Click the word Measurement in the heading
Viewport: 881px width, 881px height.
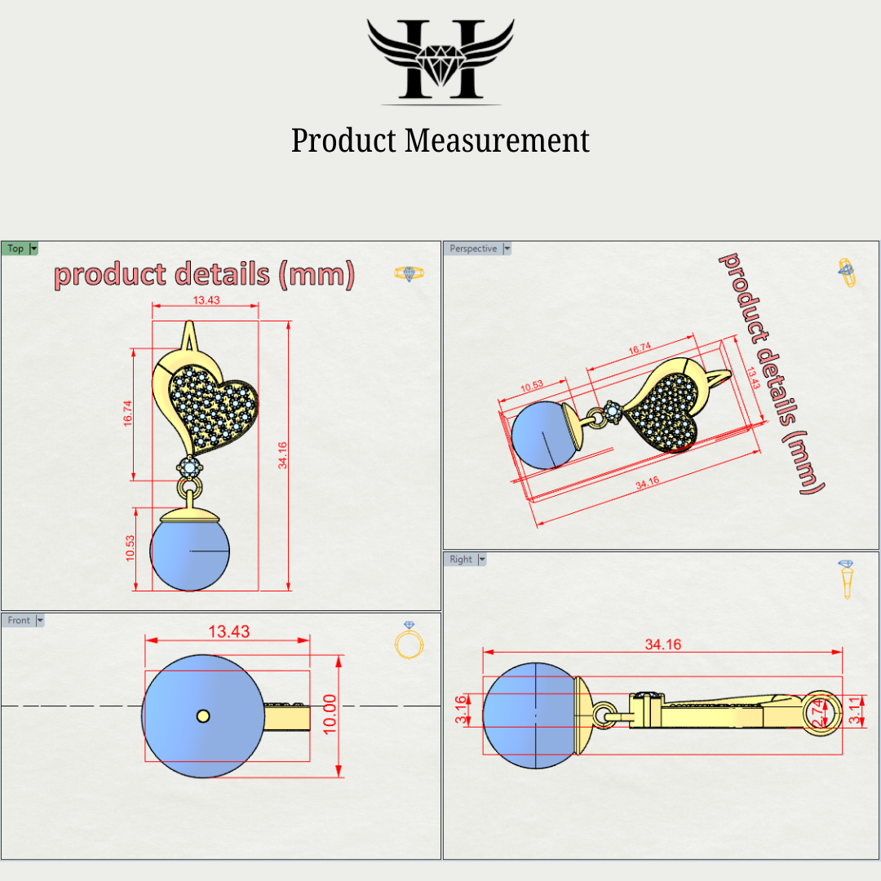coord(497,140)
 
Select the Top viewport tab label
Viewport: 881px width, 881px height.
coord(15,249)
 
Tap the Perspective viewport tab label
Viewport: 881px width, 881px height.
coord(473,249)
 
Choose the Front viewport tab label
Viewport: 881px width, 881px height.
coord(19,621)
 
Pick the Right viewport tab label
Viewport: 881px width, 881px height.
coord(460,560)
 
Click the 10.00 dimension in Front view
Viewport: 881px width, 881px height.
coord(330,715)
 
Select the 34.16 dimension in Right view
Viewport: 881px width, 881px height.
coord(662,644)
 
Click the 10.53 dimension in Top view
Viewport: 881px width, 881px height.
coord(131,548)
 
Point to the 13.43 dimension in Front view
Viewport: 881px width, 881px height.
coord(228,631)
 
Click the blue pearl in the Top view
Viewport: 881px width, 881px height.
coord(190,553)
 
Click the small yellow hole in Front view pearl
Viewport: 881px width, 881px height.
coord(203,716)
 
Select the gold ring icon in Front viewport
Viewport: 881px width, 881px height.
coord(409,641)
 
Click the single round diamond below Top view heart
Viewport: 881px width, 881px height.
coord(190,467)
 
